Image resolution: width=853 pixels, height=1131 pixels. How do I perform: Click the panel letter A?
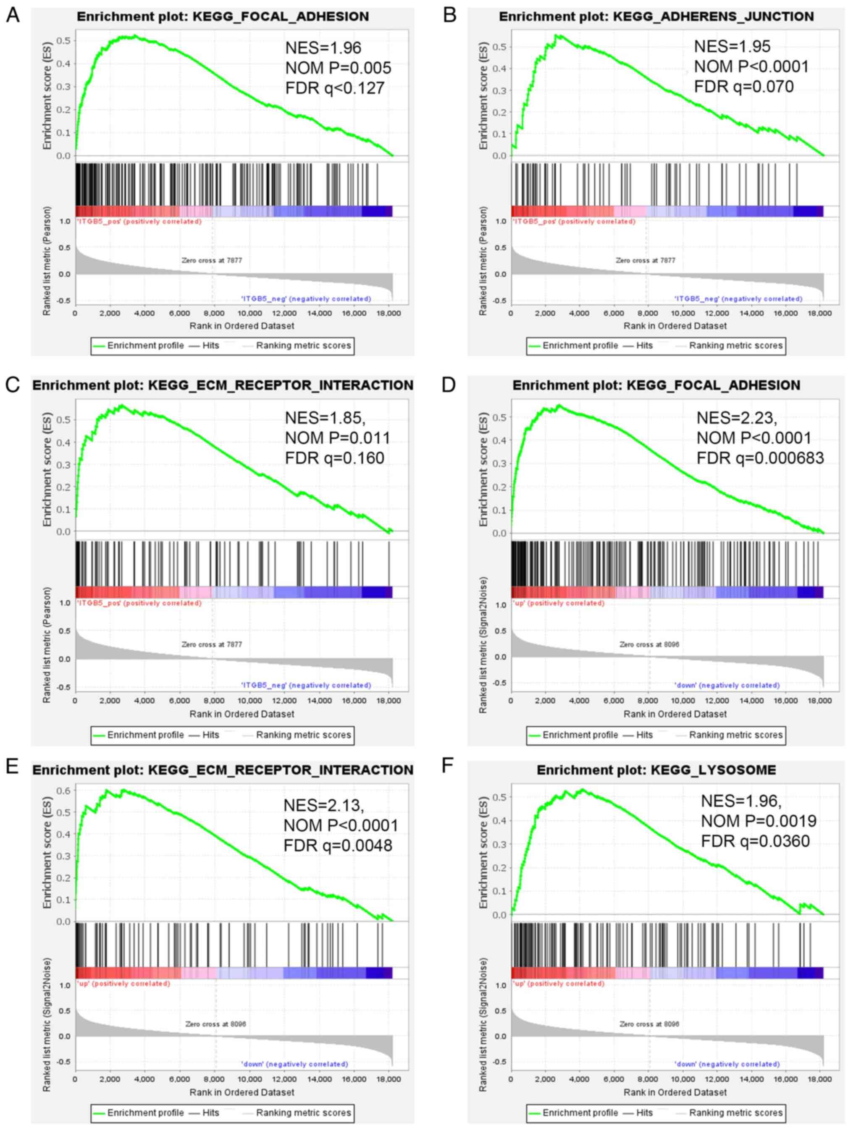pyautogui.click(x=12, y=16)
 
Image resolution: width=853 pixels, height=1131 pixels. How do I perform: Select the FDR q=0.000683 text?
pyautogui.click(x=760, y=458)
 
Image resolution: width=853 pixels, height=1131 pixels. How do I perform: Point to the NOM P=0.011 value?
pyautogui.click(x=338, y=438)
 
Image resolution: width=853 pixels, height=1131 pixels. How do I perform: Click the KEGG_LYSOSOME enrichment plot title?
pyautogui.click(x=656, y=770)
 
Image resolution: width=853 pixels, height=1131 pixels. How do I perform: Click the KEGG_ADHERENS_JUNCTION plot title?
pyautogui.click(x=656, y=17)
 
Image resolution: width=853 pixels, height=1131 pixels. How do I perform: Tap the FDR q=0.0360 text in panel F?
pyautogui.click(x=755, y=841)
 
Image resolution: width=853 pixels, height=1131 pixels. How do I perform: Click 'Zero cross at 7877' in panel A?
pyautogui.click(x=212, y=260)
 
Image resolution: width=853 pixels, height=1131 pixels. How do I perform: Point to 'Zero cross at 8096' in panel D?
pyautogui.click(x=649, y=645)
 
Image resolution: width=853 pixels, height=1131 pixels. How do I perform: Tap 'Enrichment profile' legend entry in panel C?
pyautogui.click(x=145, y=735)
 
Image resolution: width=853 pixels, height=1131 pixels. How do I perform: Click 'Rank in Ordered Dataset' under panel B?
pyautogui.click(x=675, y=326)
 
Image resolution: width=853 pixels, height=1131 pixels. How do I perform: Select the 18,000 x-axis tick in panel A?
pyautogui.click(x=388, y=313)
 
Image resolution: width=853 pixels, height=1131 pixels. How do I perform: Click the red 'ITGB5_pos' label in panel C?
pyautogui.click(x=139, y=603)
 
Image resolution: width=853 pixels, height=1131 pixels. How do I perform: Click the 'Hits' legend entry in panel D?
pyautogui.click(x=644, y=735)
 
